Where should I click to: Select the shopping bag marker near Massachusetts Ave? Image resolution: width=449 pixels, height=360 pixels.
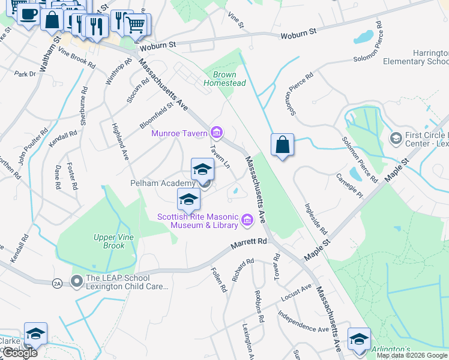click(x=282, y=145)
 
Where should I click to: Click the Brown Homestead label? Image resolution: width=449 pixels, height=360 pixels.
click(x=225, y=79)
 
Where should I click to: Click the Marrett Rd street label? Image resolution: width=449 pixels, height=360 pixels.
click(x=249, y=243)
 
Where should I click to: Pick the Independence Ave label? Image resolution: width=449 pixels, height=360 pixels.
click(x=303, y=322)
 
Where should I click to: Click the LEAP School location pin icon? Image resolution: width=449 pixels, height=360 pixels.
click(x=76, y=281)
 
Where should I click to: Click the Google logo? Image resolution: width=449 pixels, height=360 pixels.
click(x=20, y=353)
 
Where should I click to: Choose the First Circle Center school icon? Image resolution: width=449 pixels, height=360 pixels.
click(x=396, y=139)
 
